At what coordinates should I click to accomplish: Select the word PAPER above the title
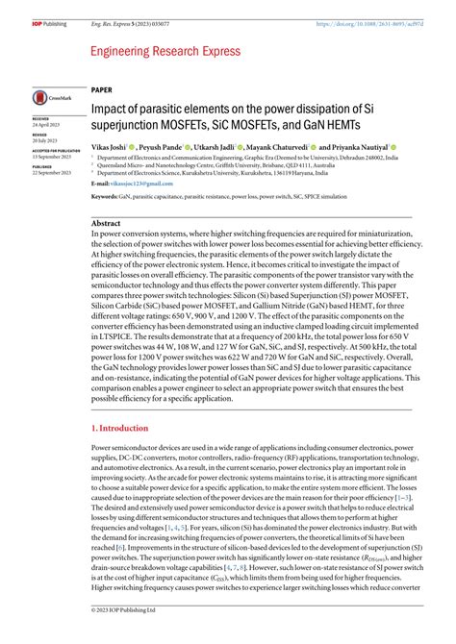103,88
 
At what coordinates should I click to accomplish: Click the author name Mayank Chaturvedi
276,146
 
